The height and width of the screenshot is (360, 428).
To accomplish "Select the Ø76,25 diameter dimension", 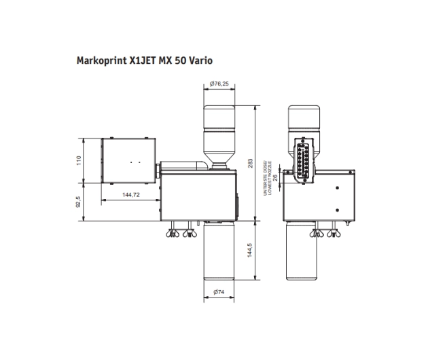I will point(219,84).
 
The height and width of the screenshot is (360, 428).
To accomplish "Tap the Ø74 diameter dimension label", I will point(219,291).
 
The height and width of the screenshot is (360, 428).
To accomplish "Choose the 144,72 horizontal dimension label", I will point(130,195).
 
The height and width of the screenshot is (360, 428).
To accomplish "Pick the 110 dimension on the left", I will point(79,160).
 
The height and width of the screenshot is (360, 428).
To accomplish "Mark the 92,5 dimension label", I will point(79,202).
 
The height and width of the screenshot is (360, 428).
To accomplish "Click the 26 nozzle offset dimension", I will point(275,177).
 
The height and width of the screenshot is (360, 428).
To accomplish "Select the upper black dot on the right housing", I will point(338,186).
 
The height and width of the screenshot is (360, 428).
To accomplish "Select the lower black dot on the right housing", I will point(338,209).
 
